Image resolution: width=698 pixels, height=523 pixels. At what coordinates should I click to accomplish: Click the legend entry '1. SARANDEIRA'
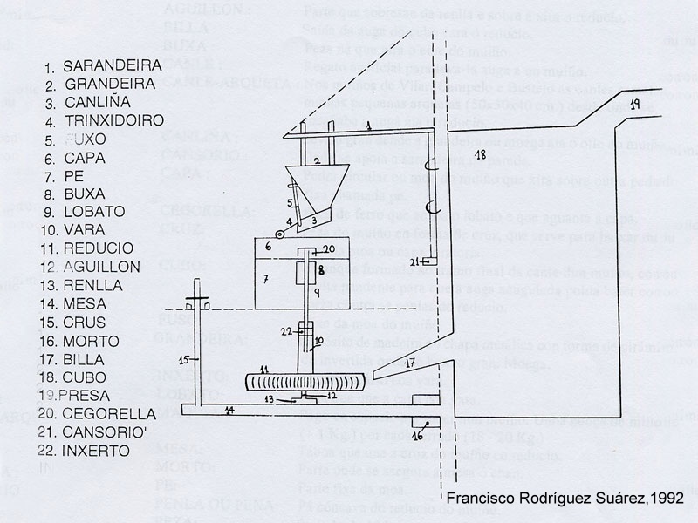(102, 65)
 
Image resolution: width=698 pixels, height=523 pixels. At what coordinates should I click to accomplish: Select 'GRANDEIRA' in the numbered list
(99, 85)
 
